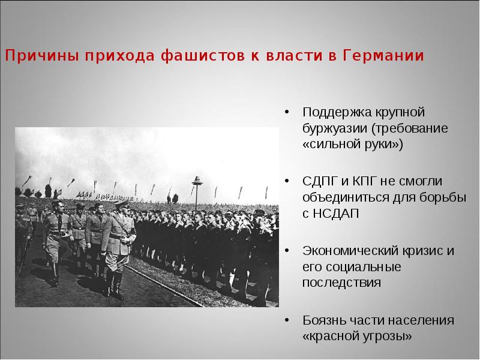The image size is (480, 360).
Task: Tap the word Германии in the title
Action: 384,56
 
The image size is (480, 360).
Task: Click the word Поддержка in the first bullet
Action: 336,112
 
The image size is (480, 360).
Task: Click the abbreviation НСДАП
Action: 335,214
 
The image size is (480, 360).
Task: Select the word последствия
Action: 341,283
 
